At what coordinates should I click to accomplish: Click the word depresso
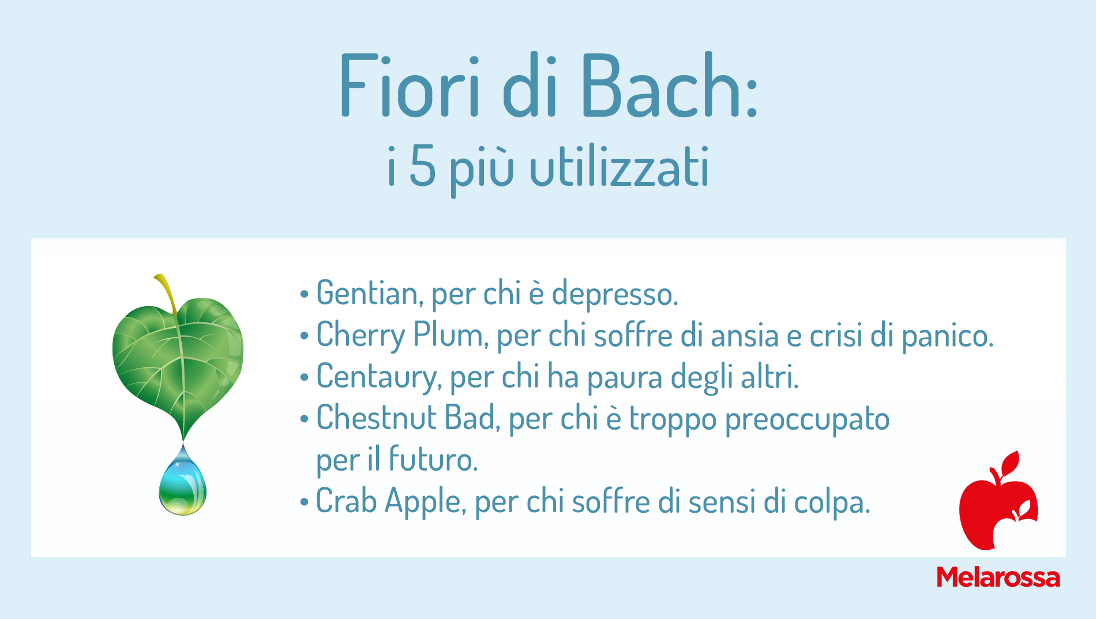[615, 294]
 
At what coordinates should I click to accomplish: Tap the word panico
[948, 337]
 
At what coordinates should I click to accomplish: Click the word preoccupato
[807, 420]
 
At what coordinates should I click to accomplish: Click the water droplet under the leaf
[182, 482]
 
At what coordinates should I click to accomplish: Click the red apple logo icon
[998, 501]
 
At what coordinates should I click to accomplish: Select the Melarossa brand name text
[998, 577]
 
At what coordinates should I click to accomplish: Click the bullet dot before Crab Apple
[304, 502]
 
